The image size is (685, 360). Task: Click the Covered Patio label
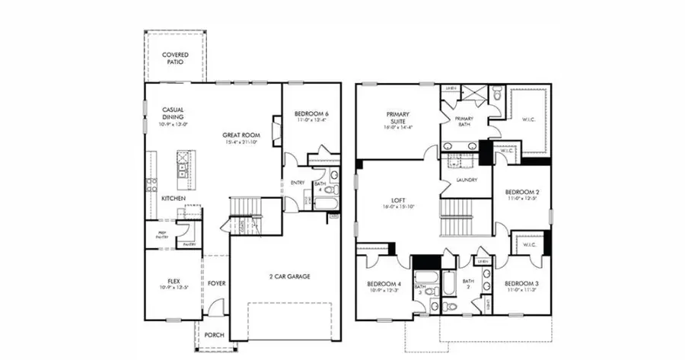pos(175,59)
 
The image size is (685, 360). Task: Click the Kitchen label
pos(174,198)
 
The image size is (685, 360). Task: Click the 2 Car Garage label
pos(290,276)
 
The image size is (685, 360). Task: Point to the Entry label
pos(298,183)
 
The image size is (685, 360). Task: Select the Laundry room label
pos(467,180)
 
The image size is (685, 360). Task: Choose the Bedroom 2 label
pos(522,192)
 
